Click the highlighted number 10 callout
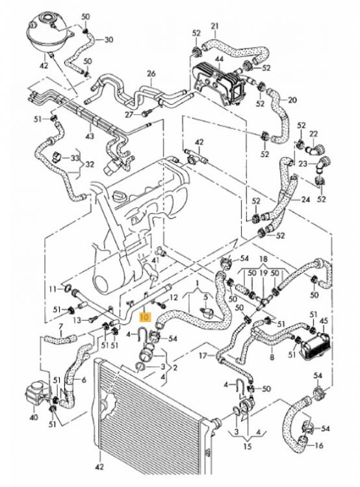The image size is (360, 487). [x=145, y=317]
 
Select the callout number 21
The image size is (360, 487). [x=215, y=26]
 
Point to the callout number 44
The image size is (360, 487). [x=219, y=58]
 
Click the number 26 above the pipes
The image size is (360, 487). [x=151, y=74]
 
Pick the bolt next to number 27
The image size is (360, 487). [x=146, y=114]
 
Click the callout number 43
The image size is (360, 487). [x=90, y=136]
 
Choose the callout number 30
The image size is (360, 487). [x=109, y=40]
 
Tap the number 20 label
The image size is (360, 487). [x=292, y=100]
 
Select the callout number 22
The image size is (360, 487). [x=314, y=134]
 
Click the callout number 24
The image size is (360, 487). [x=305, y=199]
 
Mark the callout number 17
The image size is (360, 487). [x=203, y=355]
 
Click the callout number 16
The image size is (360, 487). [x=319, y=445]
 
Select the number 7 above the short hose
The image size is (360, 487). [x=61, y=326]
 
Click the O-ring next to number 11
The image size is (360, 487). [x=67, y=289]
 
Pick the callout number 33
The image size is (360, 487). [x=75, y=158]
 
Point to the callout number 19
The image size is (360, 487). [x=263, y=273]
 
